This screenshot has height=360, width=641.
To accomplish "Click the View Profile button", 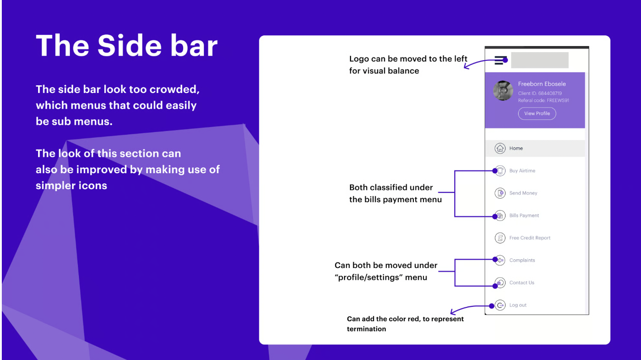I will point(537,113).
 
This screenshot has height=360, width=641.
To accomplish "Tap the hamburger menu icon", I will point(500,60).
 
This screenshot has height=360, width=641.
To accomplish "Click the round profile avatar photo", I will point(503,91).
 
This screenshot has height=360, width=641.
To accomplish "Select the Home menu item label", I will point(516,148).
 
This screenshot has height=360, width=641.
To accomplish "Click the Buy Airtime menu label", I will point(522,171).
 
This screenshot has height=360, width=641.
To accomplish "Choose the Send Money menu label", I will point(523,193).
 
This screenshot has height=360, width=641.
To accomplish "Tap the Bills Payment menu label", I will point(524,215).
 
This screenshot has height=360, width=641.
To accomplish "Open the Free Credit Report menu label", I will point(529,238).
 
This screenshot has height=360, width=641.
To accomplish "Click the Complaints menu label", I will point(522,260).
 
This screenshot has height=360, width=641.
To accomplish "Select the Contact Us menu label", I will point(521,282).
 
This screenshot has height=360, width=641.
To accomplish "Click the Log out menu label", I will point(518,305).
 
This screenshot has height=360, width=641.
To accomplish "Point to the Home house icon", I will point(500,148).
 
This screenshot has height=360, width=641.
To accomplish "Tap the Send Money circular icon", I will point(500,193).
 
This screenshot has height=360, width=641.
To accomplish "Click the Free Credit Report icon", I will point(500,238).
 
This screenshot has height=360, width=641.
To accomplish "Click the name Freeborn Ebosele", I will point(542,84).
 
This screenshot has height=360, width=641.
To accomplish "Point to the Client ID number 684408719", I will point(550,93).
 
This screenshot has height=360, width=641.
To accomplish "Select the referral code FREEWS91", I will point(558,101).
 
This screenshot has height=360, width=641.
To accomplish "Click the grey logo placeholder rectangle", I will point(539,60).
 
